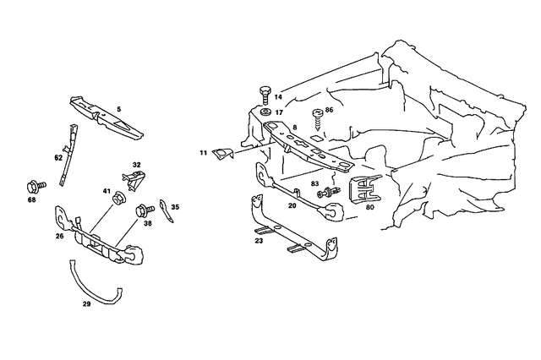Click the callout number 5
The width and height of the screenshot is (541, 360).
coord(119,109)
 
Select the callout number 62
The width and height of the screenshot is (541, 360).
coord(58,157)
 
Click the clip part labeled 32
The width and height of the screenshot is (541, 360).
coord(134,178)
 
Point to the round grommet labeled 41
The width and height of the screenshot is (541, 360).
coord(119,200)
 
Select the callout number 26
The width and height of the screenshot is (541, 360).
coord(60,236)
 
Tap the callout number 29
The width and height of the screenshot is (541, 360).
coord(86,302)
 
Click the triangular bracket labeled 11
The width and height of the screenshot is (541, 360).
coord(222,152)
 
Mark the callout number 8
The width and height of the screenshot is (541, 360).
coord(294,127)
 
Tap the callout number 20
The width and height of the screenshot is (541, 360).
coord(292,205)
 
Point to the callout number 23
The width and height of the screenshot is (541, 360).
coord(260,240)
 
